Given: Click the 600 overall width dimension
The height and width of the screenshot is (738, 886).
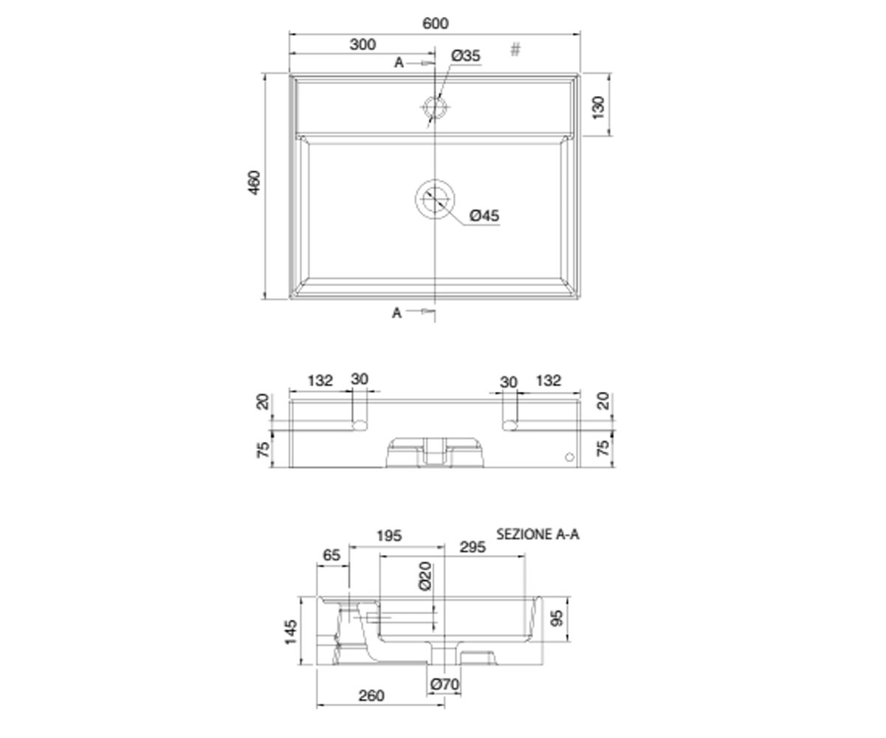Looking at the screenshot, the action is (x=436, y=24).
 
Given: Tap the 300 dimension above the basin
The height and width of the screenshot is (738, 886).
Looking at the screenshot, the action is (x=363, y=44).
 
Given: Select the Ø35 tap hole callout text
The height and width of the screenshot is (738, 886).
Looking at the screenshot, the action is (x=465, y=55).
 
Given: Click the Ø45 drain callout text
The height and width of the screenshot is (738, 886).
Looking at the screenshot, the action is (x=484, y=215).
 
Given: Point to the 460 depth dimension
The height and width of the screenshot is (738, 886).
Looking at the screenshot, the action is (x=254, y=183).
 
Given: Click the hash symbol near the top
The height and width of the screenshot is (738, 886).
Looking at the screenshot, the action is (x=515, y=49).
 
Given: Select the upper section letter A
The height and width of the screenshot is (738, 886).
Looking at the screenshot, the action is (x=399, y=63).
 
